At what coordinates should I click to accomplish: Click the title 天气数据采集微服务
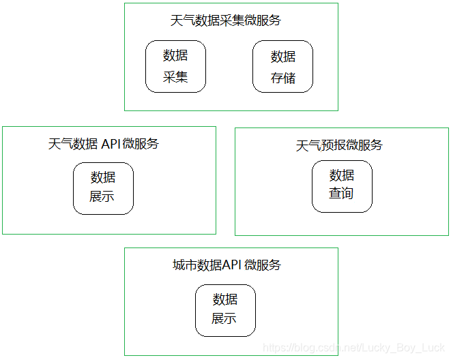pos(225,20)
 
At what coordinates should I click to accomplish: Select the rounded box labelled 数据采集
pos(175,66)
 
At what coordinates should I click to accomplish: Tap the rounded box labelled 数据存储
pos(283,66)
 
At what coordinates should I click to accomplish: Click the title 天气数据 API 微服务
pos(103,144)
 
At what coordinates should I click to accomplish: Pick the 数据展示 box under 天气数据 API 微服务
pos(103,187)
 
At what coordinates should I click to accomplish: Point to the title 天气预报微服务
pos(339,145)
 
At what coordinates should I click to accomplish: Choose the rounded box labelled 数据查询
pos(342,185)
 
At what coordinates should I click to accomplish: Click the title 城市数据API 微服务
pos(227,265)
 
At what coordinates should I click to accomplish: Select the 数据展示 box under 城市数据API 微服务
pos(225,310)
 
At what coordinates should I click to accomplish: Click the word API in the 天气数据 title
pos(111,144)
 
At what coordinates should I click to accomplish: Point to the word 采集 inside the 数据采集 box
pos(175,76)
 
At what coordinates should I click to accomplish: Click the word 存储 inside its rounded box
pos(283,77)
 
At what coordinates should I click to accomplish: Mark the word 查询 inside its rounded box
pos(342,194)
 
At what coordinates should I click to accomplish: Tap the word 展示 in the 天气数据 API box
pos(103,197)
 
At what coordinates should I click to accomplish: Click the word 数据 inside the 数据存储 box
pos(283,57)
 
